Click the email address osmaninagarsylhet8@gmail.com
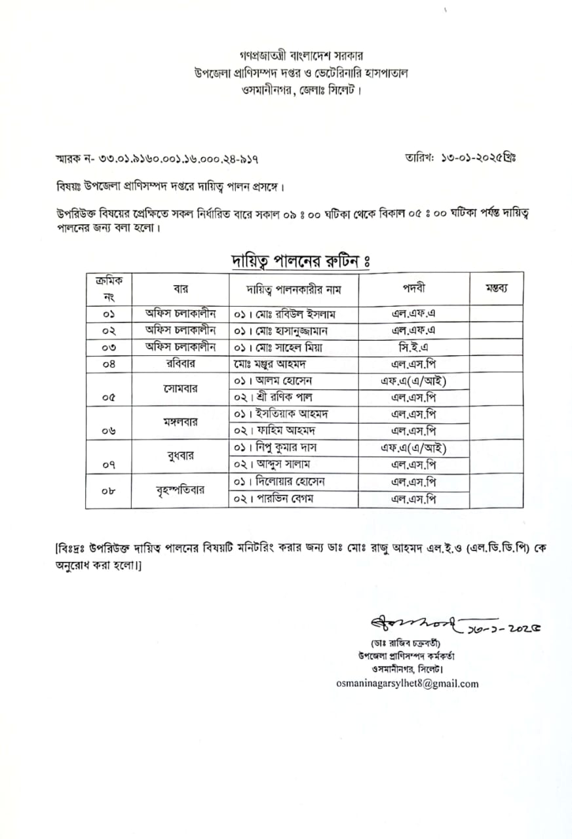407,684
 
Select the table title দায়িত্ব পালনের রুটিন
302,261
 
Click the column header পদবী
413,288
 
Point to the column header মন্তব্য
495,288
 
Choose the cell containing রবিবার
179,364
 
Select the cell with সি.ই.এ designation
413,347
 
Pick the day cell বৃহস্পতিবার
179,490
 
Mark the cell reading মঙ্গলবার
179,421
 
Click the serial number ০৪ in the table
109,364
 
